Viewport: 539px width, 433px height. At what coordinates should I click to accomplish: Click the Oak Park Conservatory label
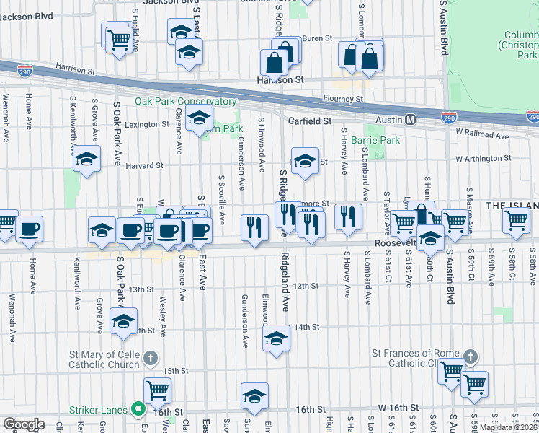tap(185, 102)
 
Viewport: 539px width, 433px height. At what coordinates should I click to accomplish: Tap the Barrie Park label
tap(375, 140)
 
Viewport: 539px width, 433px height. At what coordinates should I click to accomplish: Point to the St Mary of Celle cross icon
tap(150, 357)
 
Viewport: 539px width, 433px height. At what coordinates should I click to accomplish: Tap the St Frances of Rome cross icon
tap(469, 357)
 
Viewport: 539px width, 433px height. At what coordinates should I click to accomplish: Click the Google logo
tap(23, 424)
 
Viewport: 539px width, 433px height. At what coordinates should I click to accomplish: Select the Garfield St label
tap(309, 122)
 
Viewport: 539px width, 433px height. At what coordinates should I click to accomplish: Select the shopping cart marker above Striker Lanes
tap(157, 390)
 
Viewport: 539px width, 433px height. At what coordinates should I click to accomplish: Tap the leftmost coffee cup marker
tap(29, 229)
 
